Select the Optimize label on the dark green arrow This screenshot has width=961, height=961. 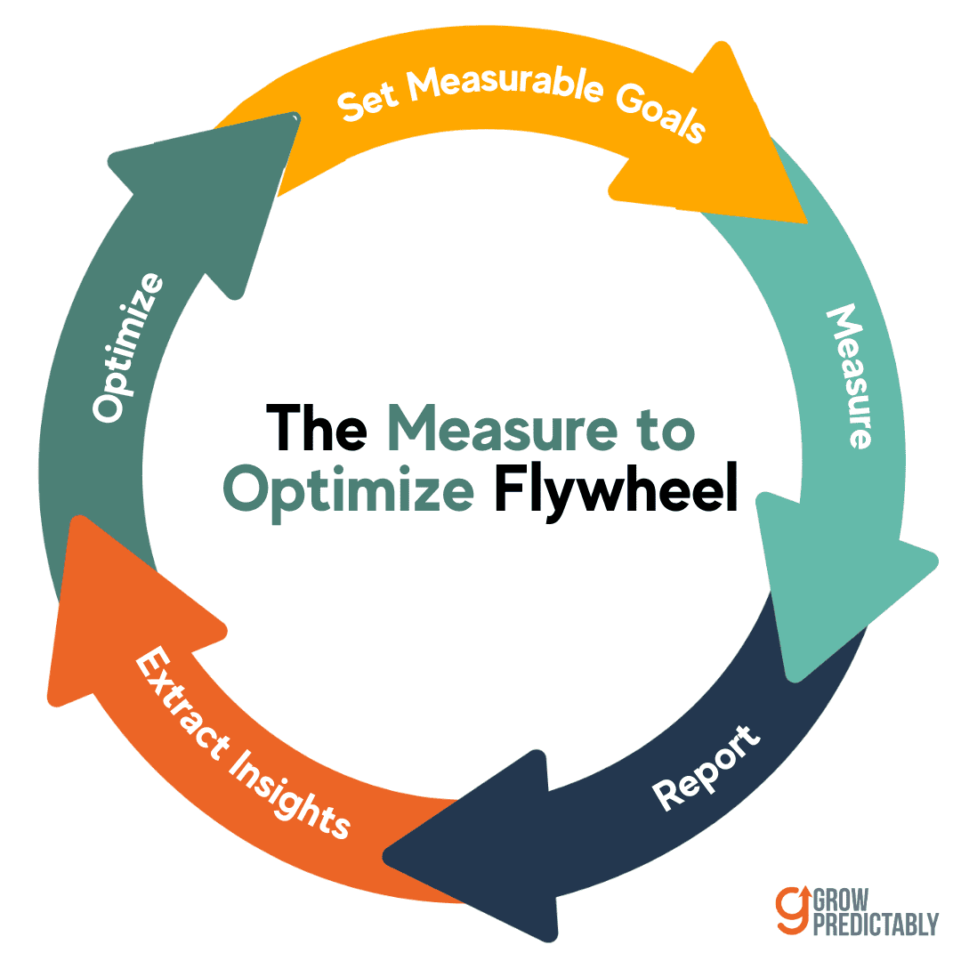[128, 347]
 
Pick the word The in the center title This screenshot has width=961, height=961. [317, 425]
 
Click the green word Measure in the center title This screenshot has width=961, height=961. [503, 425]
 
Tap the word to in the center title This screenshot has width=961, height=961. [663, 425]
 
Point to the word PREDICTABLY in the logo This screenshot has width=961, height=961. [876, 925]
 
